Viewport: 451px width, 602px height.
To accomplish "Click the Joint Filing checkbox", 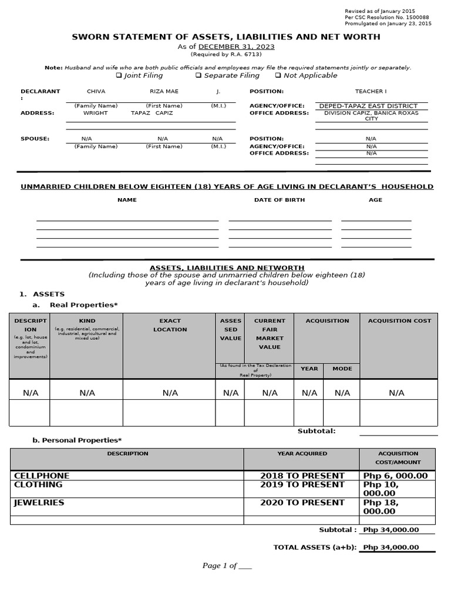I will pyautogui.click(x=119, y=75).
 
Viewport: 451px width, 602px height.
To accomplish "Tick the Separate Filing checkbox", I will pyautogui.click(x=198, y=75).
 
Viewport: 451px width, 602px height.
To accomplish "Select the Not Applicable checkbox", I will pyautogui.click(x=278, y=75).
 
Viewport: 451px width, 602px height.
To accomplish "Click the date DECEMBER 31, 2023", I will pyautogui.click(x=236, y=46).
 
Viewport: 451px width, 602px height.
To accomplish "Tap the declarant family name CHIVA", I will pyautogui.click(x=96, y=92).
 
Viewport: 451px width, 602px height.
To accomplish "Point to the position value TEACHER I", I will pyautogui.click(x=371, y=92).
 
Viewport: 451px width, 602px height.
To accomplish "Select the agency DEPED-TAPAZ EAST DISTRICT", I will pyautogui.click(x=368, y=106).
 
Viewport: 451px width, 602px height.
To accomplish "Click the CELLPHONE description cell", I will pyautogui.click(x=41, y=476).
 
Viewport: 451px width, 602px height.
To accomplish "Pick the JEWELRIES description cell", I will pyautogui.click(x=39, y=503).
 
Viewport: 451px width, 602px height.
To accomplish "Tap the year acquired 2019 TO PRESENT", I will pyautogui.click(x=302, y=484).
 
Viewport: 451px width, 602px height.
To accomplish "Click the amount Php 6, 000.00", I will pyautogui.click(x=396, y=476).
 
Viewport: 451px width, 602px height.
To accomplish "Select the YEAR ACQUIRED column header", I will pyautogui.click(x=302, y=454).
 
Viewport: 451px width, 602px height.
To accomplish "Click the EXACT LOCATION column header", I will pyautogui.click(x=170, y=325).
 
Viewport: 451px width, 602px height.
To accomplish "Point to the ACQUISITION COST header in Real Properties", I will pyautogui.click(x=399, y=321).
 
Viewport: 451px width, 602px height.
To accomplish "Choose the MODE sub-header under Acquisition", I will pyautogui.click(x=342, y=369).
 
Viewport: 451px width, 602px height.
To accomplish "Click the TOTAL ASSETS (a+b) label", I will pyautogui.click(x=315, y=547).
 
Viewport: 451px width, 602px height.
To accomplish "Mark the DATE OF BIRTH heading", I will pyautogui.click(x=279, y=200).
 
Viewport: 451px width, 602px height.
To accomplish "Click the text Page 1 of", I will pyautogui.click(x=220, y=566).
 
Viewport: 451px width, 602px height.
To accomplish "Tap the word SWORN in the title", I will pyautogui.click(x=89, y=37).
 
